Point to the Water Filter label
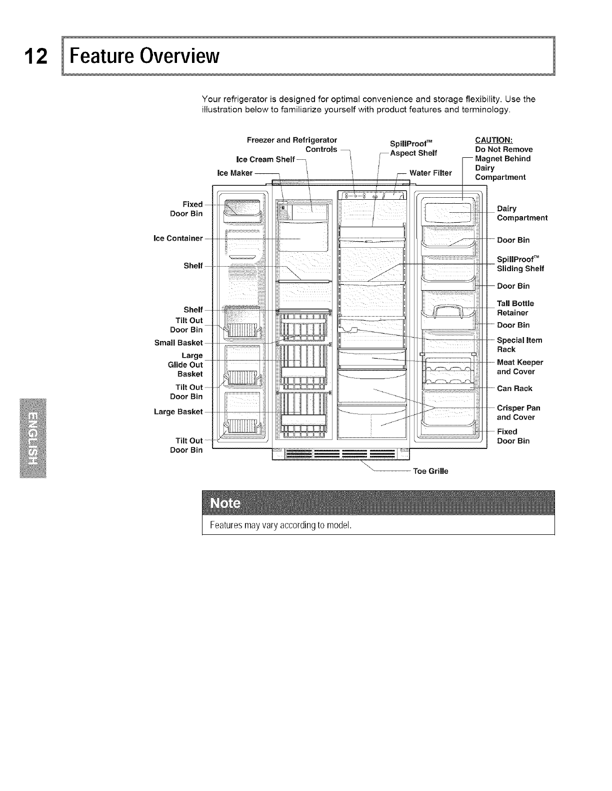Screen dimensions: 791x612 (x=430, y=173)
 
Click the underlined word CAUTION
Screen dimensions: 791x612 (x=493, y=139)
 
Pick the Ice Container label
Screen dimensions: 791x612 (x=178, y=238)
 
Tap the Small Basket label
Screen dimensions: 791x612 (x=179, y=343)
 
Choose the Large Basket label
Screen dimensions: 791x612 (x=178, y=411)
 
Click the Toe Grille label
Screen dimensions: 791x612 (x=430, y=471)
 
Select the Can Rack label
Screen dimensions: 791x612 (x=514, y=389)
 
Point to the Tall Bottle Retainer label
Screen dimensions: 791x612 (x=515, y=308)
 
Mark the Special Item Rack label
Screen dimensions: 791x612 (x=519, y=345)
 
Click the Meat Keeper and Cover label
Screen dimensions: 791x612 (x=519, y=367)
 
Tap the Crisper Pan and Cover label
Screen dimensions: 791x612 (x=518, y=412)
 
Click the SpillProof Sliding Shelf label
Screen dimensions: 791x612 (x=520, y=264)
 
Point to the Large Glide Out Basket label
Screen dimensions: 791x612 (x=185, y=365)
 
